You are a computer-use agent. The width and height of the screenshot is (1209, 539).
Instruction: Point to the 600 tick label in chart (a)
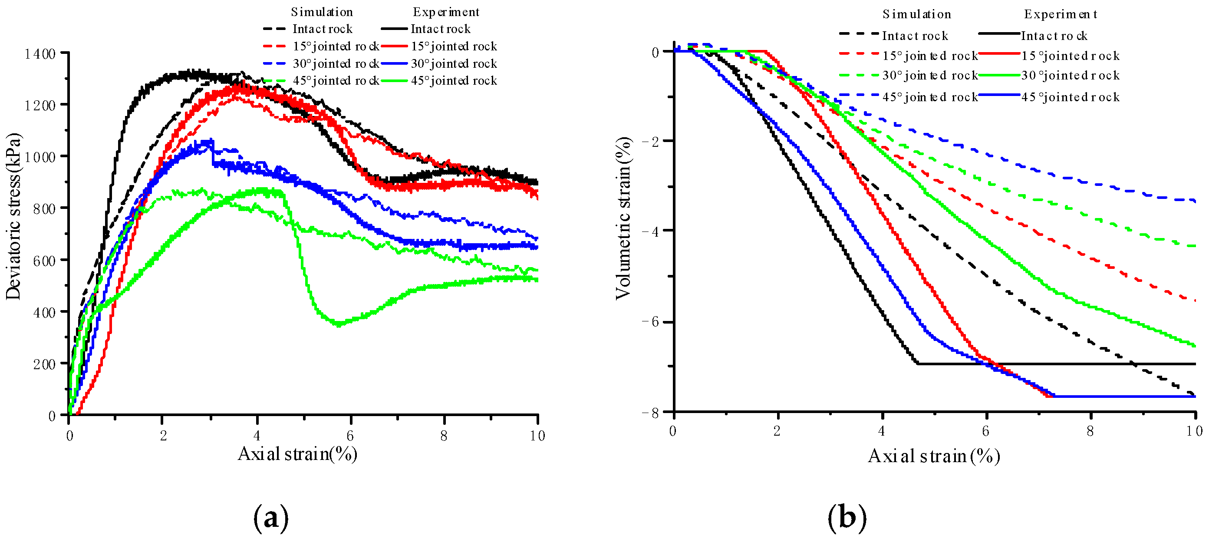click(45, 261)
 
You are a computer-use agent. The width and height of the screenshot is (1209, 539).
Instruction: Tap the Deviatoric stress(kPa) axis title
click(13, 216)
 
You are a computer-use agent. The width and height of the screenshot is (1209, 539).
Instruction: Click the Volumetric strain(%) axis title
click(623, 218)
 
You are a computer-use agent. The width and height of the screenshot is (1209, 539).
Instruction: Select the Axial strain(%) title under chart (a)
click(297, 454)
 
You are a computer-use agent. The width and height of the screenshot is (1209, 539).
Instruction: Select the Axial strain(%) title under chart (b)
click(934, 456)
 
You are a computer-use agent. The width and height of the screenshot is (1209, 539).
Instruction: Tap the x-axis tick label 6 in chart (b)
click(985, 431)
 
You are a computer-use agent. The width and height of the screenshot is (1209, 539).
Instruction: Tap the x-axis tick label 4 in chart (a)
click(257, 436)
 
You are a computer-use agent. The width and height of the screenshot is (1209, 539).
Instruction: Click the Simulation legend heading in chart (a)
click(322, 12)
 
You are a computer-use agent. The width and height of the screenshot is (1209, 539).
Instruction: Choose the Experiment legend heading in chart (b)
click(1060, 14)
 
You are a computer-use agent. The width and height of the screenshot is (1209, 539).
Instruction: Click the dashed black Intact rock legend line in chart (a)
click(274, 29)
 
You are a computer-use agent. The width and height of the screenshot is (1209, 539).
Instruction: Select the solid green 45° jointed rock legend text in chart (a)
click(454, 81)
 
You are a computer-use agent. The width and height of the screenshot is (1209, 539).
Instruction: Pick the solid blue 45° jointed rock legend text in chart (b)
click(1071, 97)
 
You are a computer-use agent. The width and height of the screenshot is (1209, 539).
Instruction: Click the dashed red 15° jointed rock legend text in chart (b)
click(930, 56)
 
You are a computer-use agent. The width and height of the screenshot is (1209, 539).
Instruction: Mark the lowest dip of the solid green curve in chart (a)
click(338, 324)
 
